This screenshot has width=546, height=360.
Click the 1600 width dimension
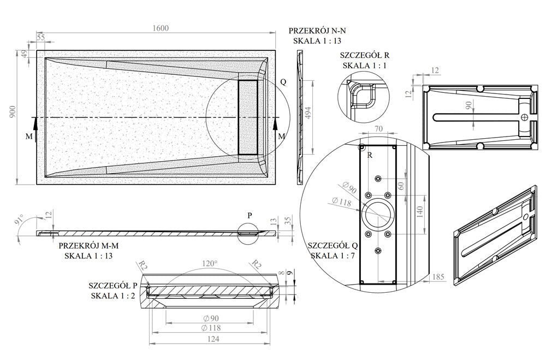coord(161,28)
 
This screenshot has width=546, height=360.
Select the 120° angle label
coord(210,263)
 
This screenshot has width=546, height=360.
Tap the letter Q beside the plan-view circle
coord(283,81)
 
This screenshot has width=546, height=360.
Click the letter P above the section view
coord(250,215)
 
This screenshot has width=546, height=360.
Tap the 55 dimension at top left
coord(41,37)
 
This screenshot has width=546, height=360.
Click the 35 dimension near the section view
coord(288,220)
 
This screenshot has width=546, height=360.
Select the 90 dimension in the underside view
coord(468,105)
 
